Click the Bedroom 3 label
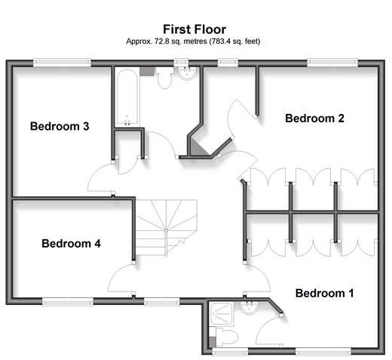coord(60,126)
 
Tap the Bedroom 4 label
coord(71,243)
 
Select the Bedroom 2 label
coord(314,118)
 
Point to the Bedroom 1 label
coord(324,293)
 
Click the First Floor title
coord(194,29)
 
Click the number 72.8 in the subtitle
coord(162,42)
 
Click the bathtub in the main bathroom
coord(127,97)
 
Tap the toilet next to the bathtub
coord(164,78)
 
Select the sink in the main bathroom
coord(187,73)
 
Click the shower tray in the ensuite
coord(221,314)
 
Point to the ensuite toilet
coord(226,337)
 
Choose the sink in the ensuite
coord(249,307)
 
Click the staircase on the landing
coord(166,227)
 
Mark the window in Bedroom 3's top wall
coord(62,63)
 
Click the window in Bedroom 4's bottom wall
coord(68,302)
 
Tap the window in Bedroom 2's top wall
coord(332,63)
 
